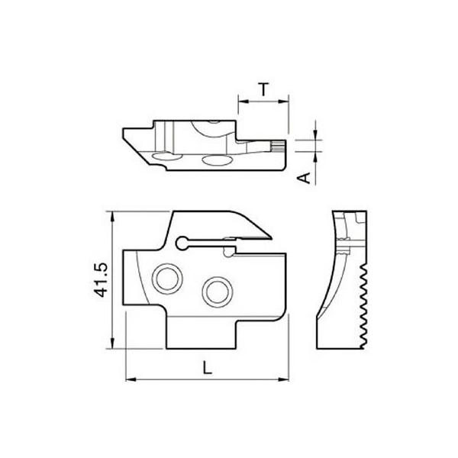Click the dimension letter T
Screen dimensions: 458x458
[263, 89]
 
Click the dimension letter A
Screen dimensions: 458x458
[302, 177]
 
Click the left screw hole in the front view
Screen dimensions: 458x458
[163, 278]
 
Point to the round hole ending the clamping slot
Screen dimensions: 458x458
[181, 243]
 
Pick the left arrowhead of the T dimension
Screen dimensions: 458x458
[241, 100]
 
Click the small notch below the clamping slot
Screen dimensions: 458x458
[227, 251]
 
